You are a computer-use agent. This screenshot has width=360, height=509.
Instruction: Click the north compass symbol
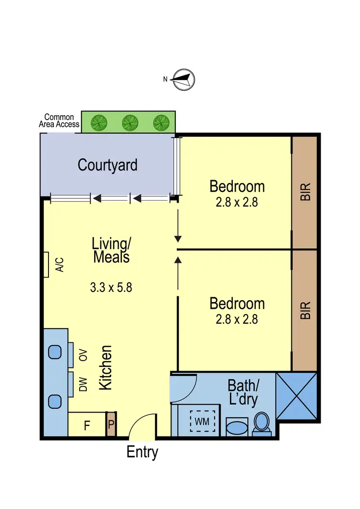coord(183,79)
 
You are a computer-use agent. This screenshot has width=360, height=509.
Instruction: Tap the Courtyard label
coord(108,165)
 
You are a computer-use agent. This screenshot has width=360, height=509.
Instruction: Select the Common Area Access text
coord(59,121)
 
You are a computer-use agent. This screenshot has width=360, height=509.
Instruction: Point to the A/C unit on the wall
coord(46,265)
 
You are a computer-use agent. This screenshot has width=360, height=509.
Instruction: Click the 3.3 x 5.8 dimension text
coord(111,288)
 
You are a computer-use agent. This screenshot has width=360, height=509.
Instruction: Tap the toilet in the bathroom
coord(262,423)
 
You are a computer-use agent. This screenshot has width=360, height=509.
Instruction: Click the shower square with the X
coord(297,396)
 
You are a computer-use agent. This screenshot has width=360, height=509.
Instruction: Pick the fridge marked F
coord(87,425)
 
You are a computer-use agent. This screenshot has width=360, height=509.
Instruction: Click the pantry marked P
coord(111,424)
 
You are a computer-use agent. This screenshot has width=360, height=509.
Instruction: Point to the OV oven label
coord(84,356)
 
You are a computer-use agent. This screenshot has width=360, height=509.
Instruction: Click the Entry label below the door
coord(142,452)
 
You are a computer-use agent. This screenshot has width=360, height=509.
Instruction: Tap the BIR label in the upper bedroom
coord(305,192)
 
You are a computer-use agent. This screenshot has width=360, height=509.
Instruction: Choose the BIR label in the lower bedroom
coord(305,310)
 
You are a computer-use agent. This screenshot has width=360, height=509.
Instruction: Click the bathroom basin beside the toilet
coord(236,426)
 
